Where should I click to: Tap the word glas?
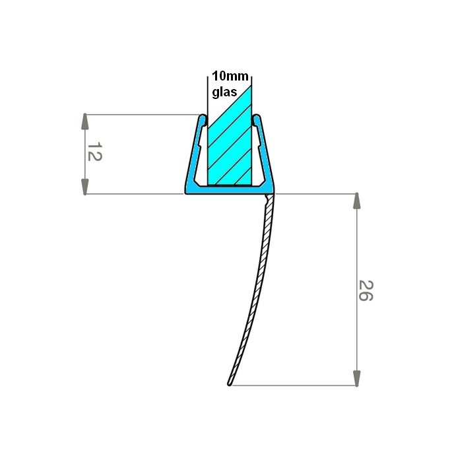[x=224, y=92]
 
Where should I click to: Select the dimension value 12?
[x=94, y=153]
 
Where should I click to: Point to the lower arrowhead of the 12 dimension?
[x=85, y=186]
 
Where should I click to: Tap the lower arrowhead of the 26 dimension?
[x=357, y=378]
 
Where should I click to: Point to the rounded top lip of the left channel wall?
[x=202, y=119]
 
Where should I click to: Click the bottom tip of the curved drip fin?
[x=229, y=383]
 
